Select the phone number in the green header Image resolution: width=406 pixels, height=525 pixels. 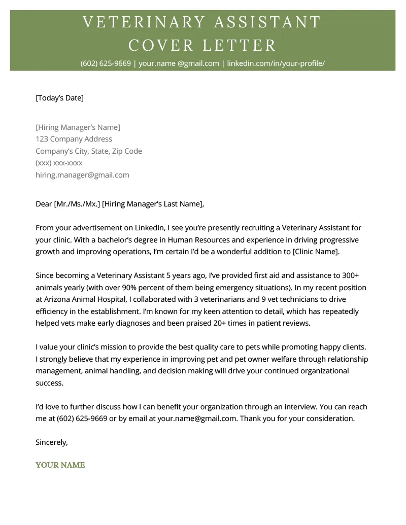pos(106,63)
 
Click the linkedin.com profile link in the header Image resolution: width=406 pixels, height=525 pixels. pos(276,63)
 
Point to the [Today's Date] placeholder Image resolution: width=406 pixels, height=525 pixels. pos(59,98)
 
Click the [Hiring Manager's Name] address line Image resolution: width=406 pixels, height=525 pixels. pos(78,127)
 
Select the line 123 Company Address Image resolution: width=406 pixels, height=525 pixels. pos(74,139)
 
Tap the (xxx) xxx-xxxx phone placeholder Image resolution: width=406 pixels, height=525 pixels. pos(59,163)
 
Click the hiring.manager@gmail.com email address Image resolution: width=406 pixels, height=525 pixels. pos(82,175)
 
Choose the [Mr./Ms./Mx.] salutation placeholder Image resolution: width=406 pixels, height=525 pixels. pos(77,204)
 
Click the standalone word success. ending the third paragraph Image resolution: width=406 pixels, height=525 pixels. pos(49,383)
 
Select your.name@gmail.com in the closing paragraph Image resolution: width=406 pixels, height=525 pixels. pos(197,418)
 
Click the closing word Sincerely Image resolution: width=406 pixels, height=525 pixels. pos(51,442)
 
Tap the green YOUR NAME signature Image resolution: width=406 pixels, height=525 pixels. pos(60,465)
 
